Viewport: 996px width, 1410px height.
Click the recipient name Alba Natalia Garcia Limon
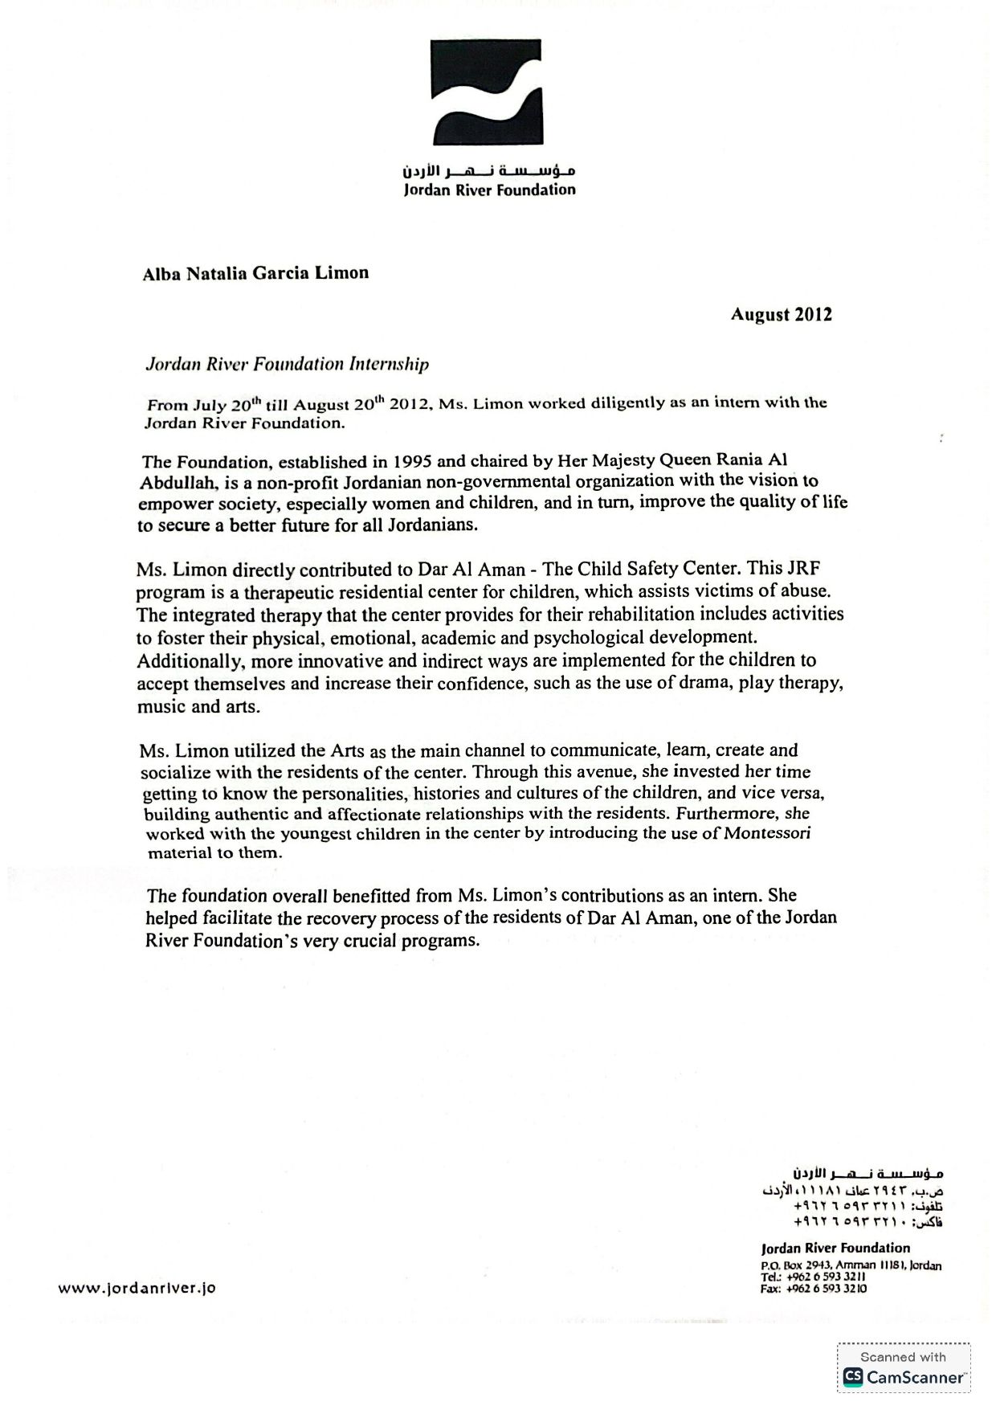pyautogui.click(x=255, y=273)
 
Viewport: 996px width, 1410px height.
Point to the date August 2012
pyautogui.click(x=781, y=315)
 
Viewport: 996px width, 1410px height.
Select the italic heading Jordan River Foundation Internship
pyautogui.click(x=287, y=364)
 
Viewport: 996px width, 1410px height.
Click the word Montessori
pyautogui.click(x=767, y=833)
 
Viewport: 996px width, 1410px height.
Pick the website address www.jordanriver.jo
pyautogui.click(x=137, y=1288)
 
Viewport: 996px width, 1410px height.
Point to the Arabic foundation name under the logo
pyautogui.click(x=489, y=171)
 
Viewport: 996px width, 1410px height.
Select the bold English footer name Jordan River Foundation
pyautogui.click(x=835, y=1248)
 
